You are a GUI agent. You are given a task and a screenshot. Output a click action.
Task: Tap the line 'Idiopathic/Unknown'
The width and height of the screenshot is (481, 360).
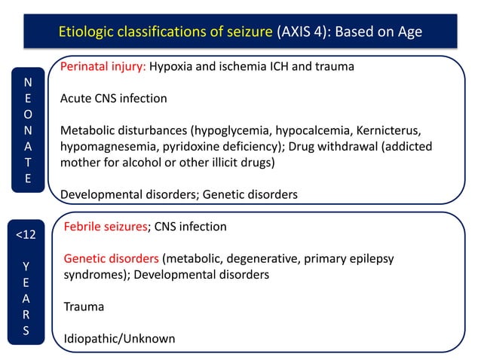pyautogui.click(x=118, y=338)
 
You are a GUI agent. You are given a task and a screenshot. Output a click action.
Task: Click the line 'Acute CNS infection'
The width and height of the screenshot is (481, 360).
pyautogui.click(x=114, y=98)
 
